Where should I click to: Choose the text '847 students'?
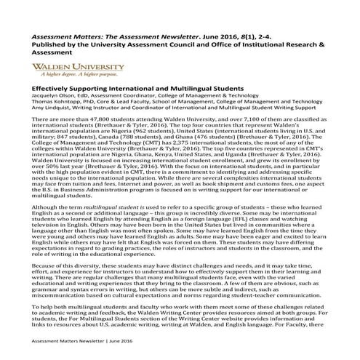click(65, 135)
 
